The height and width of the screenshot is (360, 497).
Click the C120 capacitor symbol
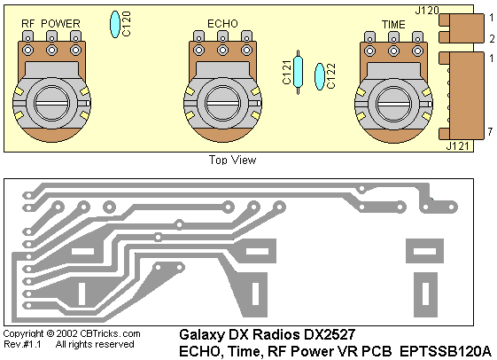(x=115, y=25)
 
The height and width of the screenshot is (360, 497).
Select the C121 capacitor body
(x=298, y=72)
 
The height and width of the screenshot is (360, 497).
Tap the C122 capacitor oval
(x=320, y=76)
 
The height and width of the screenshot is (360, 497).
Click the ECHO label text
(x=222, y=24)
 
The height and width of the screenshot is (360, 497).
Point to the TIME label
(x=393, y=25)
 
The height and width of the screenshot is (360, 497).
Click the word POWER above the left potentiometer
(x=60, y=23)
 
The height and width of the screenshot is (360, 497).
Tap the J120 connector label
(x=427, y=11)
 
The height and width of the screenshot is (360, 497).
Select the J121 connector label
(x=457, y=146)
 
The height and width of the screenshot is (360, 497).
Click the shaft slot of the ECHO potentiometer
(x=222, y=104)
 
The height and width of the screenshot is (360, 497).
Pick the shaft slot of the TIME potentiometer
(x=393, y=104)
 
